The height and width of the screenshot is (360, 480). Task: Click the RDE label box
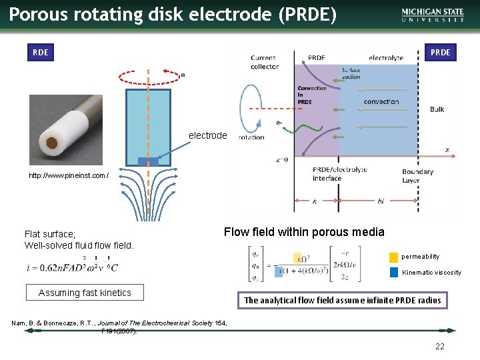pos(41,52)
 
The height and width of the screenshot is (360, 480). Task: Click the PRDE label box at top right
pos(440,52)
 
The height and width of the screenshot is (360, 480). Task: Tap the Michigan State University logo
pos(433,15)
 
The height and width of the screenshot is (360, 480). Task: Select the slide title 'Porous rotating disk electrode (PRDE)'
pos(173,14)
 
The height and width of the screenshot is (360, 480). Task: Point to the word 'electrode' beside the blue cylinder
pos(207,135)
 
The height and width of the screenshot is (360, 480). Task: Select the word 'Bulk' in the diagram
pos(437,109)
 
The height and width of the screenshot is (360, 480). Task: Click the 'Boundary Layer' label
pos(417,175)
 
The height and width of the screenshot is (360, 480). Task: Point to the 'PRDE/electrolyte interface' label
pos(339,174)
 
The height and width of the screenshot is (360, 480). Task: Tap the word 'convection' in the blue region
pos(381,102)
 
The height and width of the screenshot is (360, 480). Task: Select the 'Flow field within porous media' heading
pos(304,232)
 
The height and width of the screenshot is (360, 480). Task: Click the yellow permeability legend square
pos(393,257)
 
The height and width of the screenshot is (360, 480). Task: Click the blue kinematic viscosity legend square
pos(393,272)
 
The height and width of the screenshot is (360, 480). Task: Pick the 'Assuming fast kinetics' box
pos(85,293)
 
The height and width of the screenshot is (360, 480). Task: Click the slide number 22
pos(439,346)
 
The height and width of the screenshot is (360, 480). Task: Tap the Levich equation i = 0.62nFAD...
pos(72,267)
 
